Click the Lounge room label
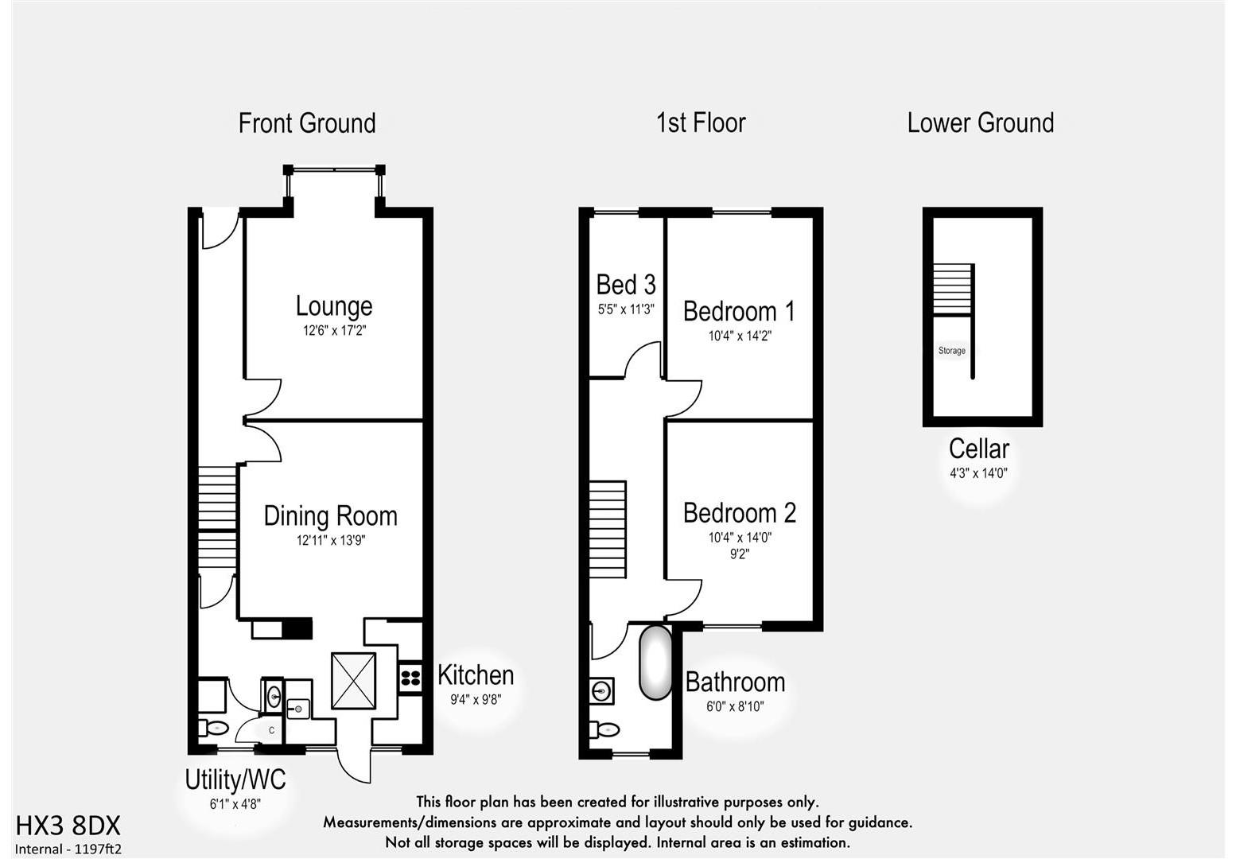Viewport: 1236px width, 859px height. pyautogui.click(x=334, y=306)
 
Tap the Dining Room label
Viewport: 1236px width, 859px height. pyautogui.click(x=330, y=516)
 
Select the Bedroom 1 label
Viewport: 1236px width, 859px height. pyautogui.click(x=740, y=311)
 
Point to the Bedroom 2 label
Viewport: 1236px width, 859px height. pyautogui.click(x=740, y=513)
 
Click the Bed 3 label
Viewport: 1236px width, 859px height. pyautogui.click(x=626, y=285)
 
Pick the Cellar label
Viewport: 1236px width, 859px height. pyautogui.click(x=978, y=449)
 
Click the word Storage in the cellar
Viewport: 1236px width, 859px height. pyautogui.click(x=951, y=351)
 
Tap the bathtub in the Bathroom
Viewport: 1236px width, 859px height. pyautogui.click(x=656, y=663)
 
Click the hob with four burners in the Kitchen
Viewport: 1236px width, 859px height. pyautogui.click(x=410, y=678)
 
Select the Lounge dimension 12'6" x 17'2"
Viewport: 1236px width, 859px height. pyautogui.click(x=334, y=330)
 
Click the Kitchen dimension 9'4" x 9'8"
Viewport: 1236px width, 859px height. pyautogui.click(x=476, y=700)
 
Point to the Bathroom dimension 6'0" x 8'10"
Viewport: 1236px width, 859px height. pyautogui.click(x=735, y=706)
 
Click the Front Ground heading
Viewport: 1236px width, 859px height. pyautogui.click(x=307, y=123)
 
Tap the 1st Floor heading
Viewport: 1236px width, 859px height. pyautogui.click(x=701, y=123)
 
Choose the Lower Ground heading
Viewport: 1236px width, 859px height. pyautogui.click(x=980, y=123)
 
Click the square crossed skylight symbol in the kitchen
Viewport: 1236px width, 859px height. pyautogui.click(x=352, y=680)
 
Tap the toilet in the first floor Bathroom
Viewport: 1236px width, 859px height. pyautogui.click(x=605, y=729)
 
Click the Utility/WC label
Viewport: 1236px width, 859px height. pyautogui.click(x=235, y=779)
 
